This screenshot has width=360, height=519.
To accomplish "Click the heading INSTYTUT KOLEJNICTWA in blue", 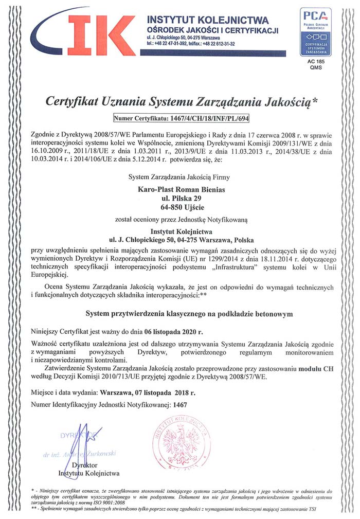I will coord(208,20).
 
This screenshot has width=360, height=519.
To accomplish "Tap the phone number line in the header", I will coord(190,44).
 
